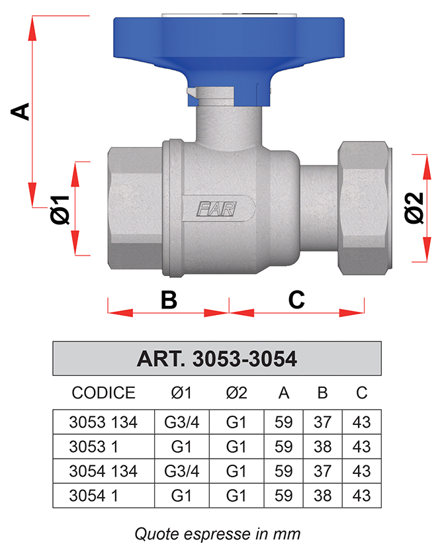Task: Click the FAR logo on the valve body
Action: (216, 209)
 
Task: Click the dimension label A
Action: (21, 111)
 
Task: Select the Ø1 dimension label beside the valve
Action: (60, 210)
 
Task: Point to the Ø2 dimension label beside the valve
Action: (414, 208)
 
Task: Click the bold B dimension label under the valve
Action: (169, 300)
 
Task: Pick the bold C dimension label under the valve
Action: (296, 300)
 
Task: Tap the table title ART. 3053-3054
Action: (216, 359)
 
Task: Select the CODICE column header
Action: (103, 393)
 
